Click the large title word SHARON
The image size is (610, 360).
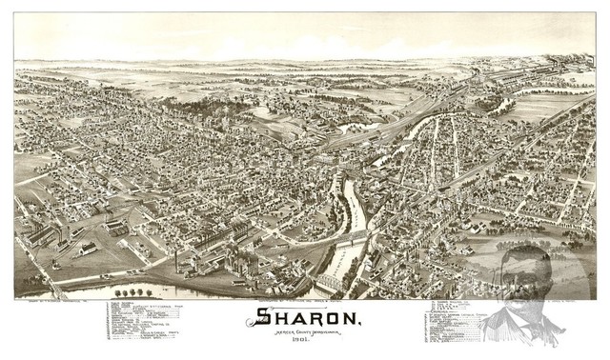point(305,317)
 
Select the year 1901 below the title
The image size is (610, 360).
point(306,344)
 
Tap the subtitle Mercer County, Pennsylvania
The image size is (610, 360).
point(306,334)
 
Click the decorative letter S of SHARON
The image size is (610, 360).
point(247,317)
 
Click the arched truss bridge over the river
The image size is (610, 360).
point(333,283)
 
